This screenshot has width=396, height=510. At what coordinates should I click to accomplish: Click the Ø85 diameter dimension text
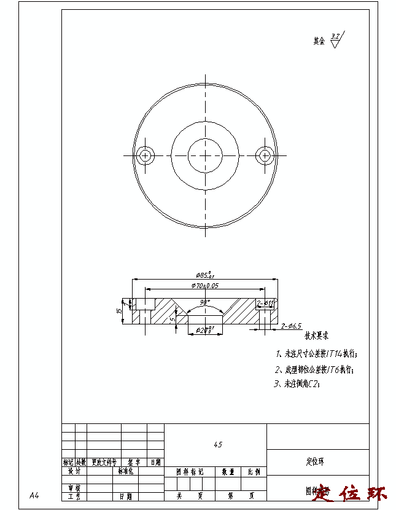(x=204, y=275)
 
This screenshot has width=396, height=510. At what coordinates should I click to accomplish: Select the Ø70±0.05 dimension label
(x=204, y=286)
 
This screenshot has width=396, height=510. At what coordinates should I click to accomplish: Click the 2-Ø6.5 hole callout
(x=291, y=326)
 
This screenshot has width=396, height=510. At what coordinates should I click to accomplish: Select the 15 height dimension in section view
(x=118, y=311)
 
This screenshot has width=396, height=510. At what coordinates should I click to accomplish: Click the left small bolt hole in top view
(x=146, y=155)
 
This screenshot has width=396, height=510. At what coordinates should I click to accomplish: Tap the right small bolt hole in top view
(x=265, y=155)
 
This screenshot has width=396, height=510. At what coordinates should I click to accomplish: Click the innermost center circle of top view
(x=204, y=155)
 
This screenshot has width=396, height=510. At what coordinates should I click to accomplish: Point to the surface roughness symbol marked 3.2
(x=335, y=41)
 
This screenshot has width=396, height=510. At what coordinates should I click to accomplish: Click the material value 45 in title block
(x=218, y=444)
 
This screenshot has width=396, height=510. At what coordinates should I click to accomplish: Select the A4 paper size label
(x=34, y=495)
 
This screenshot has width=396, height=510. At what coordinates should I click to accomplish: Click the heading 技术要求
(x=317, y=336)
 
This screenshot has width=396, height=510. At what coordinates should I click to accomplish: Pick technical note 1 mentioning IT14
(x=316, y=354)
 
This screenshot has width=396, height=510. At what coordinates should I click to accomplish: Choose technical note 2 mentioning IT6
(x=314, y=370)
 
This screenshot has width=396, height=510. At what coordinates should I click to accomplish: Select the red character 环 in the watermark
(x=376, y=493)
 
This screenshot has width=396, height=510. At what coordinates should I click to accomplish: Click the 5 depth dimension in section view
(x=173, y=319)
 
